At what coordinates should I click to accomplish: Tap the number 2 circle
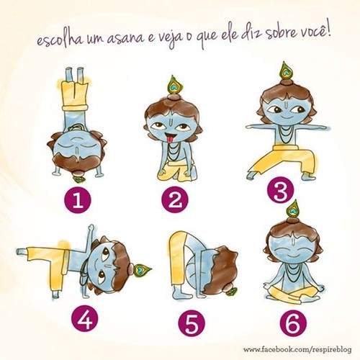click(175, 199)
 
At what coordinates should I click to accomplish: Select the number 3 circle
click(280, 192)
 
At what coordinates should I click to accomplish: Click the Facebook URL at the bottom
click(297, 349)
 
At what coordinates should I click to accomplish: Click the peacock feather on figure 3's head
click(286, 71)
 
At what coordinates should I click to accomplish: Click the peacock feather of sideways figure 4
click(142, 270)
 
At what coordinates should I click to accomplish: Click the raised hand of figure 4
click(91, 228)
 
